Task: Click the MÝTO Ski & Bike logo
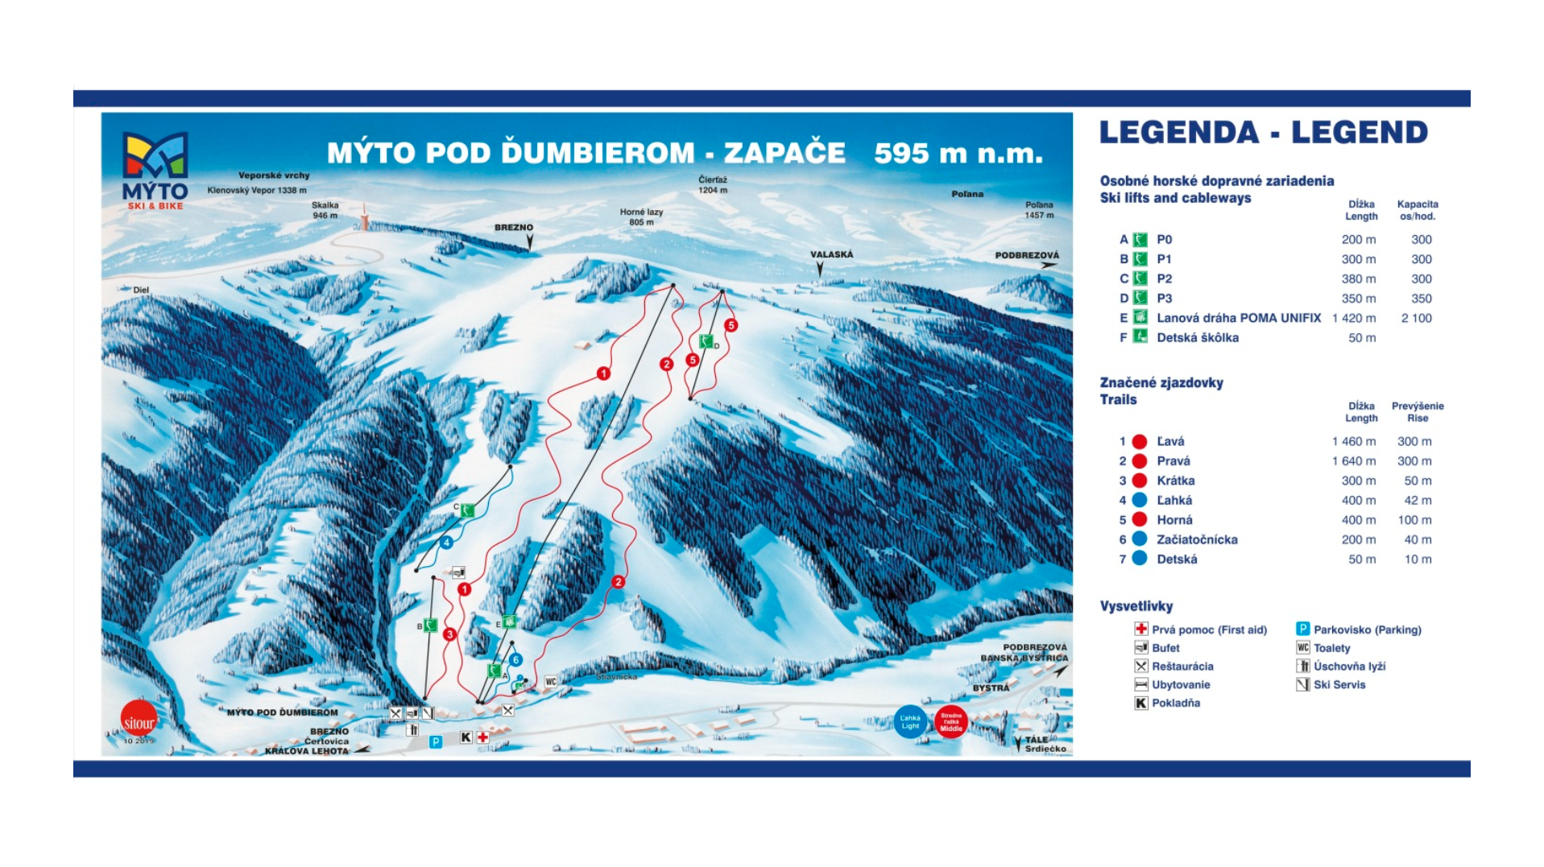155,169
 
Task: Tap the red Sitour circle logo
139,720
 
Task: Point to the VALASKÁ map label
831,254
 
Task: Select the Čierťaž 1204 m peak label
712,184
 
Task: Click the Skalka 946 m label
325,210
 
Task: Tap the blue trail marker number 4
445,543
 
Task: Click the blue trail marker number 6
515,660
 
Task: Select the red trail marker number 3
449,634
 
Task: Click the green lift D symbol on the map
706,341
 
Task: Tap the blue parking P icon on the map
436,741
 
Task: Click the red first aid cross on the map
482,737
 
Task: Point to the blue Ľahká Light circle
910,721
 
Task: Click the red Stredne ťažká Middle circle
951,721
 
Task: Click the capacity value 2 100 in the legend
1416,318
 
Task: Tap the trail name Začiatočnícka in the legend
1197,539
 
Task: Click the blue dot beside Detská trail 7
1140,559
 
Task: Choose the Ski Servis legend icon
1302,684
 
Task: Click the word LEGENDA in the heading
1178,133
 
